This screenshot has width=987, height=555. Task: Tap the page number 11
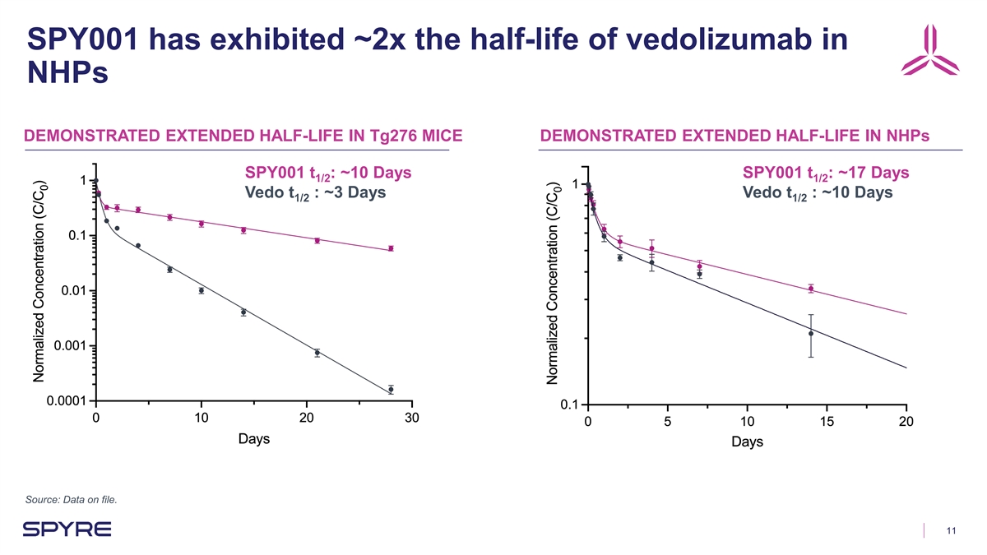pyautogui.click(x=952, y=530)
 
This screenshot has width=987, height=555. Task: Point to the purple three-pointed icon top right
pyautogui.click(x=931, y=51)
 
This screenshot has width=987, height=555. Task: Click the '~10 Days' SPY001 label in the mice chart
pyautogui.click(x=328, y=173)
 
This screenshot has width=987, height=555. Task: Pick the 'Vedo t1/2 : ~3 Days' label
pyautogui.click(x=316, y=194)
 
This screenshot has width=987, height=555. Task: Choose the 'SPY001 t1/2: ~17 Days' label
pyautogui.click(x=825, y=173)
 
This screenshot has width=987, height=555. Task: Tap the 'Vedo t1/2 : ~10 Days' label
pyautogui.click(x=817, y=194)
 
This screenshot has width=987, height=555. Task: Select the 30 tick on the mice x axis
pyautogui.click(x=412, y=419)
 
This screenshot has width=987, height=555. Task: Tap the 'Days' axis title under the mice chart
pyautogui.click(x=254, y=439)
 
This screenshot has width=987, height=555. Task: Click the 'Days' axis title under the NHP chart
pyautogui.click(x=746, y=442)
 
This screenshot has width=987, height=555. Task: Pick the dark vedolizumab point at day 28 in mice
pyautogui.click(x=391, y=389)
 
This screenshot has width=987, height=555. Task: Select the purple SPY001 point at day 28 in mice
pyautogui.click(x=391, y=247)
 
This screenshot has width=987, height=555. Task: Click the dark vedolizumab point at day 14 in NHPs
pyautogui.click(x=811, y=333)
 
